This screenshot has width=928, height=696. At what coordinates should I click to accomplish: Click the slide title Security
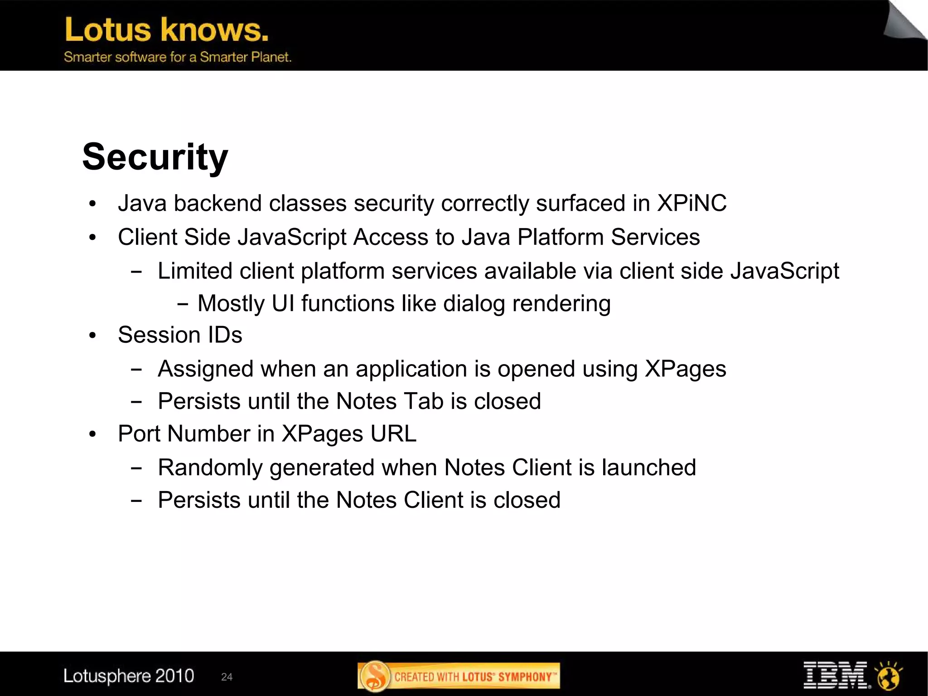(x=155, y=157)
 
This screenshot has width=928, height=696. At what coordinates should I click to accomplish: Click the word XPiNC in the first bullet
(x=691, y=203)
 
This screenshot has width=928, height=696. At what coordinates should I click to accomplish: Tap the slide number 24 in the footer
(x=227, y=677)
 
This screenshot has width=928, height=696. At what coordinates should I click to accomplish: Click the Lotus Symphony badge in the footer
(x=459, y=676)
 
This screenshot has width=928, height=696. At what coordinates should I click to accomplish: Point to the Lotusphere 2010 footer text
(x=129, y=676)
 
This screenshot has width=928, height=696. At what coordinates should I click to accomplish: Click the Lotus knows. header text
(x=167, y=30)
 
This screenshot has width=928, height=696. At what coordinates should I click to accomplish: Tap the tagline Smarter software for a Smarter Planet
(x=177, y=57)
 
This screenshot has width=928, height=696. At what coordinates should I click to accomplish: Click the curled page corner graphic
(x=904, y=20)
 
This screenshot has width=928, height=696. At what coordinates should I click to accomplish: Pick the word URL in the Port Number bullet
(x=393, y=433)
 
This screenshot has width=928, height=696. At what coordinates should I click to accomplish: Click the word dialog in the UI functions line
(x=474, y=303)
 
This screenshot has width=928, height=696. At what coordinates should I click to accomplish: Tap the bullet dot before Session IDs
(x=93, y=336)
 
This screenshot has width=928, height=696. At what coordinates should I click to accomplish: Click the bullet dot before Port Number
(x=93, y=434)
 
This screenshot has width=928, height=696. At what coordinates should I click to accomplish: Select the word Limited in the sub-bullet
(x=195, y=271)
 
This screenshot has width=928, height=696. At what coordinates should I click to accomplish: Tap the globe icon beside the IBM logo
(x=889, y=676)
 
